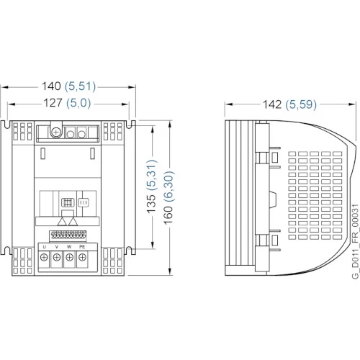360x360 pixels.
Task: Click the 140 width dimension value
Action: click(x=51, y=86)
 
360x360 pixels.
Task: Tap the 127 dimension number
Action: click(x=53, y=103)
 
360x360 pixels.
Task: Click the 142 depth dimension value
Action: click(x=272, y=104)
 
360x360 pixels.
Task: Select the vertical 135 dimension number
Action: click(x=151, y=204)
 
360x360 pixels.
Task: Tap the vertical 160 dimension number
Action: click(x=168, y=215)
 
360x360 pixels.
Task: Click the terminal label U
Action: click(x=45, y=247)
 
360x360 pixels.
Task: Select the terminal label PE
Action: click(x=82, y=247)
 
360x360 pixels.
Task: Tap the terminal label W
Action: click(x=69, y=247)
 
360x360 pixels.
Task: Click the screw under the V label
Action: click(x=57, y=258)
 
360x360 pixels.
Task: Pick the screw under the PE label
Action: click(x=82, y=258)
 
